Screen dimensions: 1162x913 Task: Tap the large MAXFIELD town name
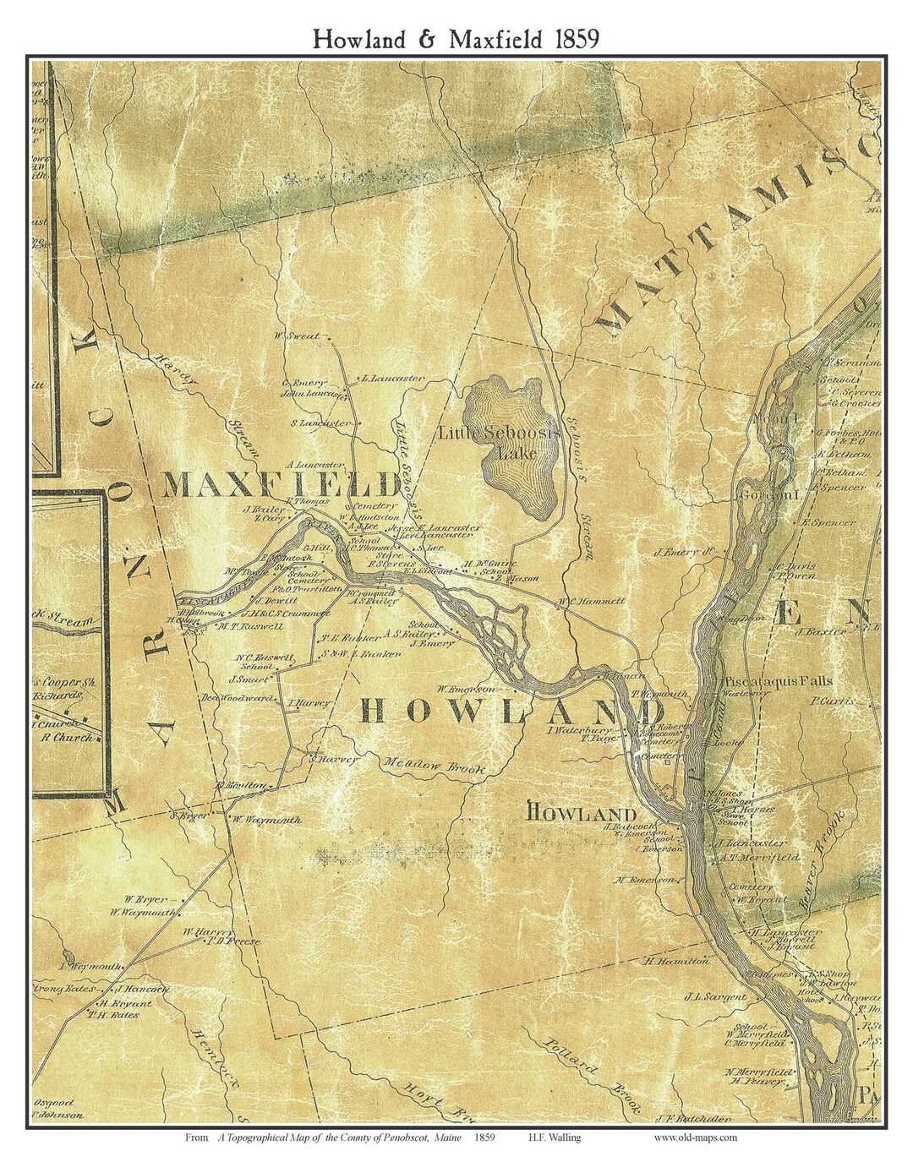[282, 485]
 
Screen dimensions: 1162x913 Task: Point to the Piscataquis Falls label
[778, 680]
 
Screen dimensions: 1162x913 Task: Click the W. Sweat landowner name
[297, 336]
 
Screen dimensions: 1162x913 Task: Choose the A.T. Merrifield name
[759, 857]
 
